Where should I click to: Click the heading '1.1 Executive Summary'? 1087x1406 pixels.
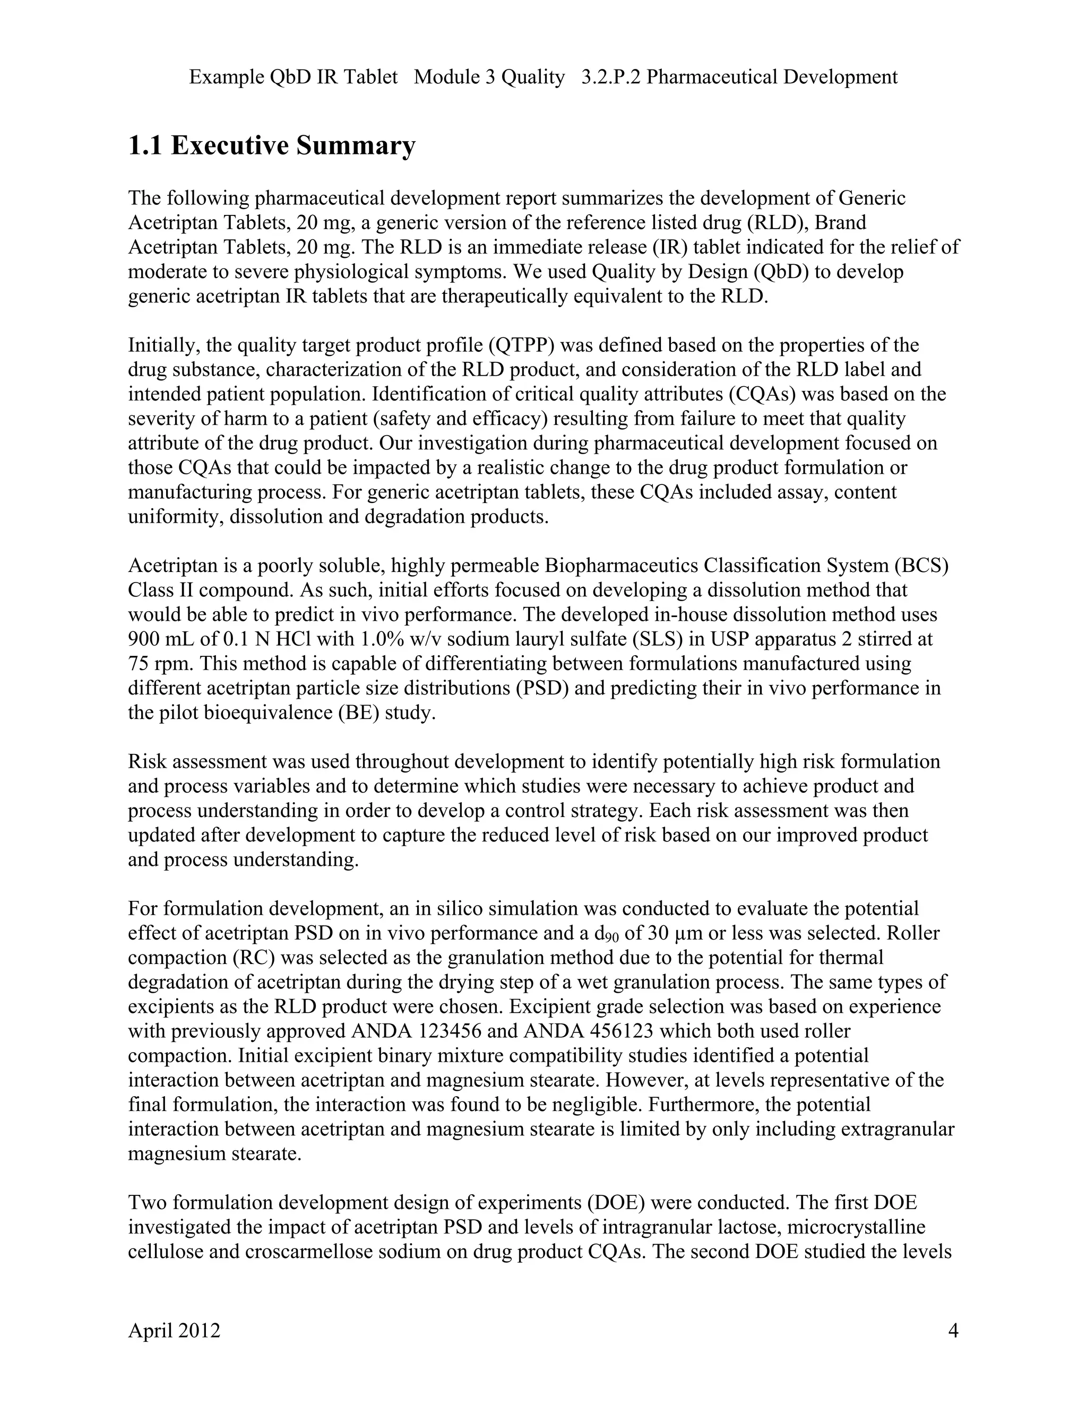pyautogui.click(x=271, y=145)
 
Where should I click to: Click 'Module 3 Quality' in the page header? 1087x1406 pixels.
pyautogui.click(x=489, y=77)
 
